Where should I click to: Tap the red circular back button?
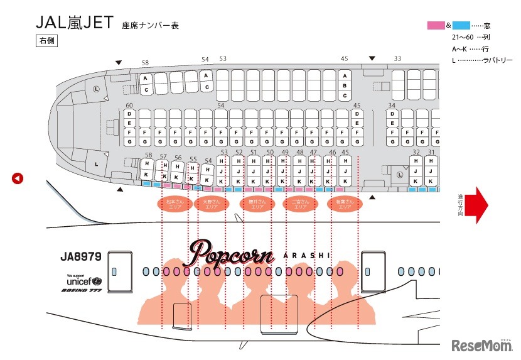coord(18,178)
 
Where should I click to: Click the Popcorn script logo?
coord(232,253)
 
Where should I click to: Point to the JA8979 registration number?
coord(80,257)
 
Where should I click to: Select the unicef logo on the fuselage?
coord(83,281)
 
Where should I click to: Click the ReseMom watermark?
coord(482,346)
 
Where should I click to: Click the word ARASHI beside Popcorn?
coord(306,256)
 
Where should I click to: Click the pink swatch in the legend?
coord(436,26)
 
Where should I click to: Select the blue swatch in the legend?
coord(461,26)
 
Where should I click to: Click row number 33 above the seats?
coord(397,58)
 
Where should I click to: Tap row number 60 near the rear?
coord(129,106)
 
